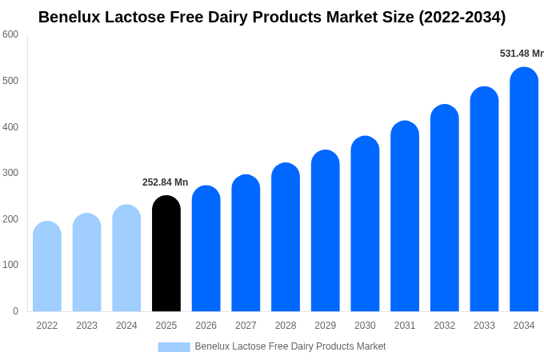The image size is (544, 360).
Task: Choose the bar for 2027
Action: click(246, 243)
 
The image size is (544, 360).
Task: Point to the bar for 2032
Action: click(445, 208)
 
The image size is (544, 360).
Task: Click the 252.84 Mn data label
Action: click(165, 182)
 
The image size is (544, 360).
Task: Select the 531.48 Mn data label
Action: click(522, 54)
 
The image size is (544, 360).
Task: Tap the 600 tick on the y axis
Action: click(10, 34)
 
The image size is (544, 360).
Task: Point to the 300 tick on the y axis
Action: click(10, 173)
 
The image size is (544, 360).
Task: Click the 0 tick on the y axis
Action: click(15, 311)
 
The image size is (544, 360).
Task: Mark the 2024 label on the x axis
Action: click(126, 326)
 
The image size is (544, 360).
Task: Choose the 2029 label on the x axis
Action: click(325, 326)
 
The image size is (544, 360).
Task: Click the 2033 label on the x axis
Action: click(484, 326)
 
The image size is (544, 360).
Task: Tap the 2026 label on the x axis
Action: click(206, 326)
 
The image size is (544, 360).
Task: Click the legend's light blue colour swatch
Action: click(174, 347)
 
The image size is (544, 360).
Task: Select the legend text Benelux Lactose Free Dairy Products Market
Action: click(290, 346)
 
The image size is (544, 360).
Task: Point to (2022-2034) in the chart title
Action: click(462, 17)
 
